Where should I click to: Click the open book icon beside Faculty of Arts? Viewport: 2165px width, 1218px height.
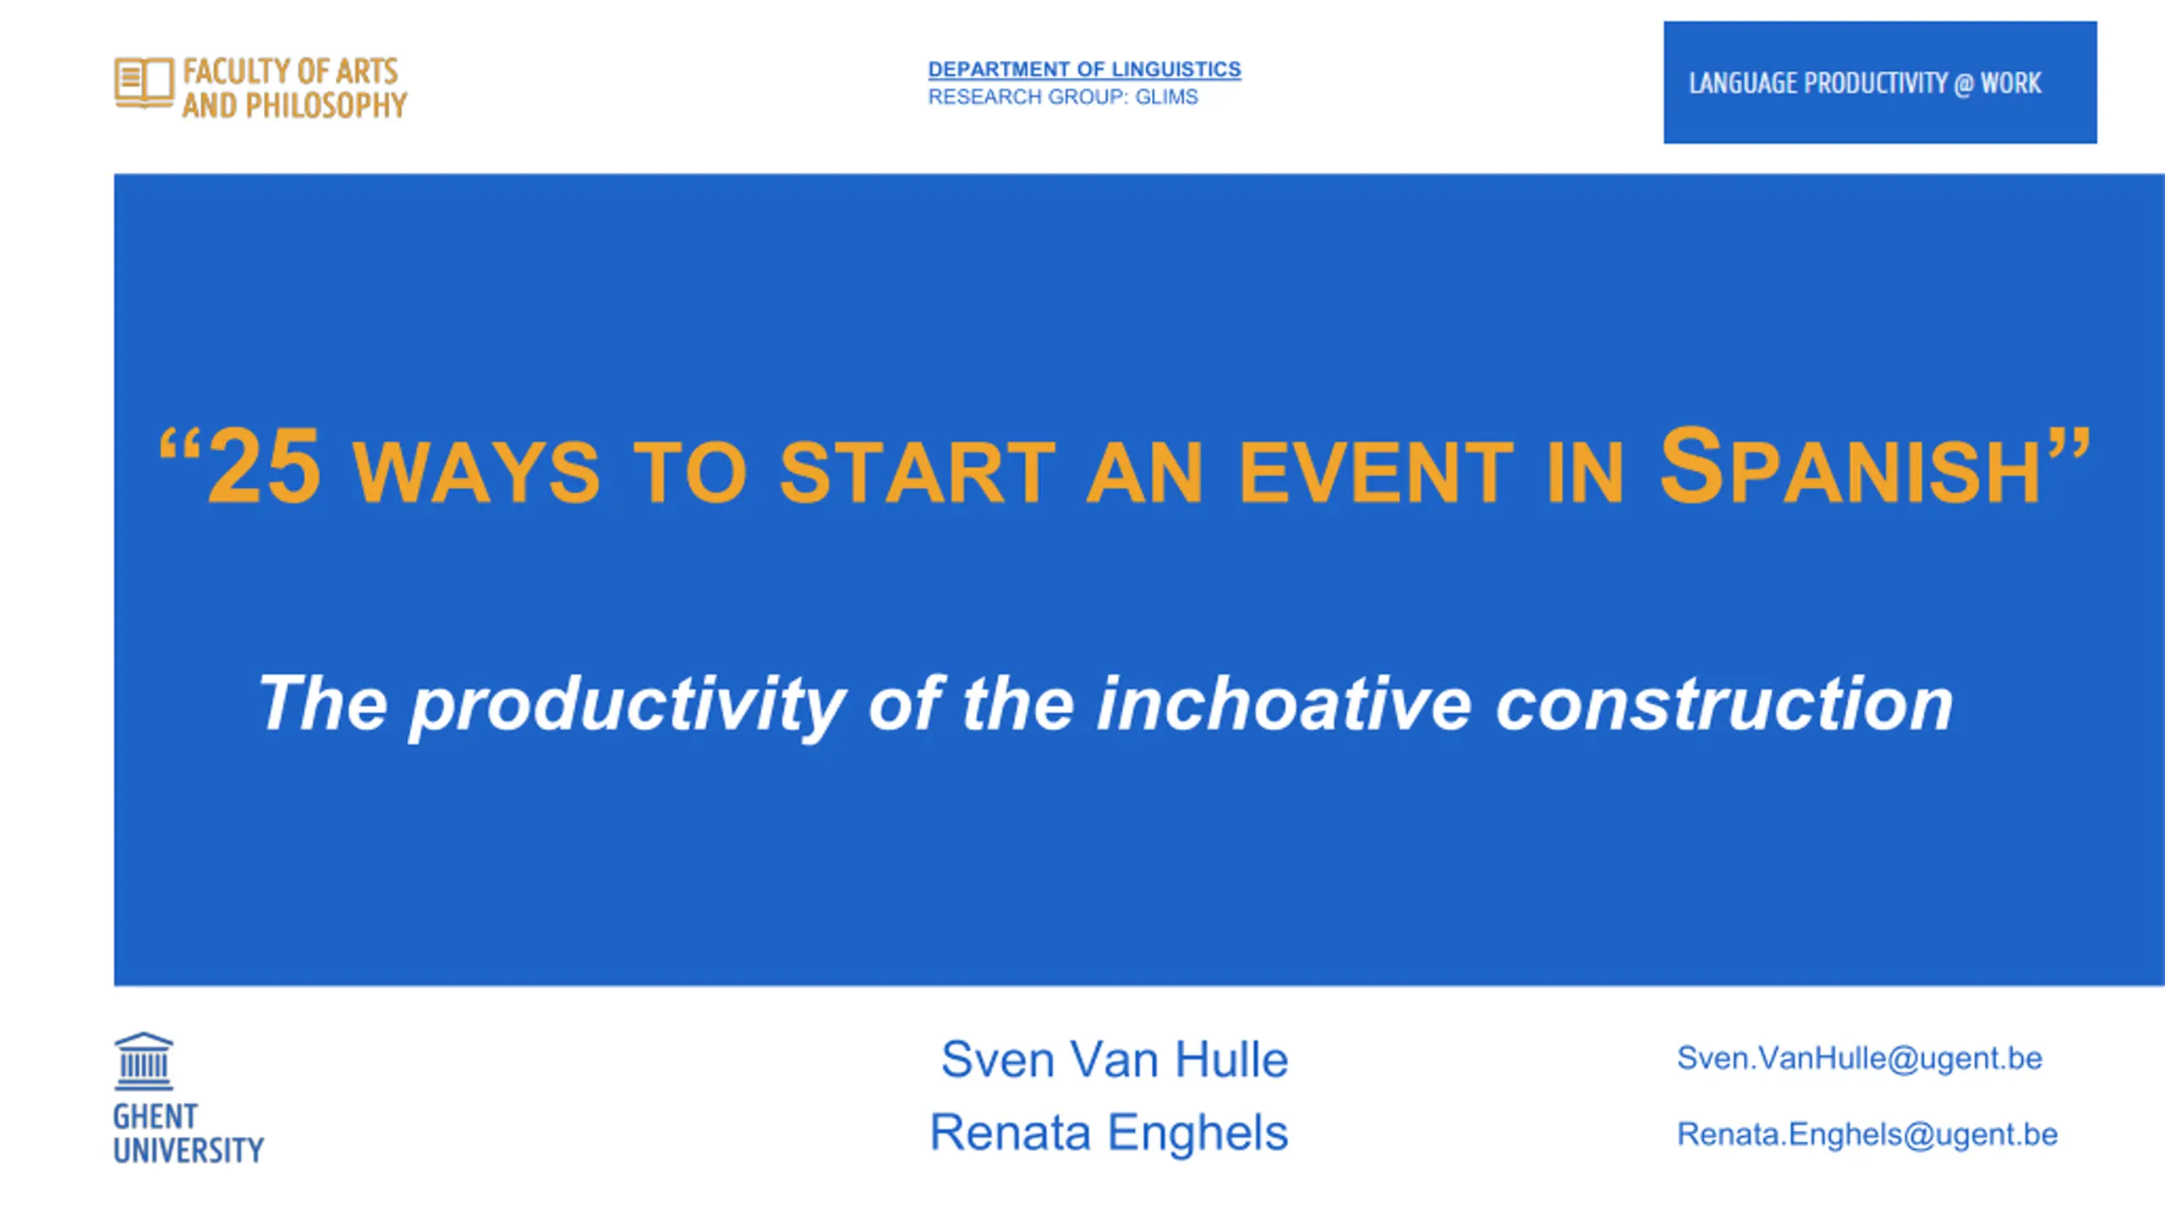[144, 83]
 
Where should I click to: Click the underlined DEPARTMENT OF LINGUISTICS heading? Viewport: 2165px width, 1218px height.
[1084, 69]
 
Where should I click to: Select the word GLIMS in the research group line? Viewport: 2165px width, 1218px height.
[1166, 97]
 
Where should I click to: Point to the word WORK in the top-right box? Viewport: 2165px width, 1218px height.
[2011, 83]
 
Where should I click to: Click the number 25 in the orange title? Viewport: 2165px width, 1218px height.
[264, 466]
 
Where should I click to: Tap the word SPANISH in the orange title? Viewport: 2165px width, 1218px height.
[1850, 466]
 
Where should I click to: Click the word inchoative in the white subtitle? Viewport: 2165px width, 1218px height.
[1284, 704]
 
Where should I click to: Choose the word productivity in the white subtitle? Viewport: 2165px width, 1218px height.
[627, 706]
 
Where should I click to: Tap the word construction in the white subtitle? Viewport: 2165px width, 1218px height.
[1724, 704]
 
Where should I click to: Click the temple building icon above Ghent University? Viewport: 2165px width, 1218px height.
[144, 1061]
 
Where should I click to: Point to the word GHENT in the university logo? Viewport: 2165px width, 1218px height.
[156, 1116]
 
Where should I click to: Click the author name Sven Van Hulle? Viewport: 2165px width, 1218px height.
[1115, 1059]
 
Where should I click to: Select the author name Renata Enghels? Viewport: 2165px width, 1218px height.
[1109, 1133]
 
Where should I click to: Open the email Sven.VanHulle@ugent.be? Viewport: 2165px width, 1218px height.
[1860, 1059]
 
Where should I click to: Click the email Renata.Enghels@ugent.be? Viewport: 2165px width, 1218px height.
[1867, 1135]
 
